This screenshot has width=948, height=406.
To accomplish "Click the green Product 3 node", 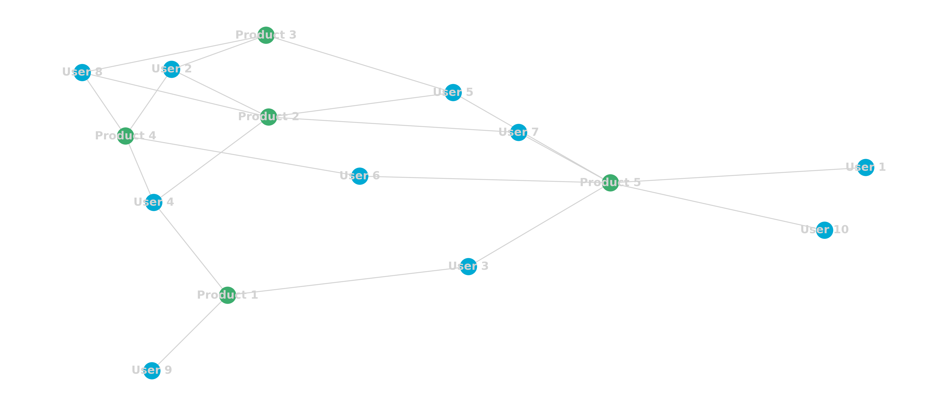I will point(266,35).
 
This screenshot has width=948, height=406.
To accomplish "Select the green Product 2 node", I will point(268,117).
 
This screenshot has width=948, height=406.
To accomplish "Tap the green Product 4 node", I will point(125,136).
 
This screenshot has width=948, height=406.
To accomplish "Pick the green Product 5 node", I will point(610,183).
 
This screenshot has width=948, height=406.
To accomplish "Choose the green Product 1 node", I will point(228,295).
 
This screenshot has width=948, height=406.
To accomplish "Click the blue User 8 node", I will point(82,72).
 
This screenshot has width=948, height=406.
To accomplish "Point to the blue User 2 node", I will point(172,69).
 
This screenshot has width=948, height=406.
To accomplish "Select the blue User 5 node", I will point(453,93).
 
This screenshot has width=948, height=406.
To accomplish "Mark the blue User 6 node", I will point(360,176).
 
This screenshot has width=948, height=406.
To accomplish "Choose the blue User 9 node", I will point(152,371).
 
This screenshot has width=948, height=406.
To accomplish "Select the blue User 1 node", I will point(866,168).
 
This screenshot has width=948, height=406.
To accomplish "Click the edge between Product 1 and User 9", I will point(190,333).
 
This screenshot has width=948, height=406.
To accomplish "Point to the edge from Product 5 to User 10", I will point(718,207).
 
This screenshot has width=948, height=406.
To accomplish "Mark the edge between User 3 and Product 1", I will point(348,281).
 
